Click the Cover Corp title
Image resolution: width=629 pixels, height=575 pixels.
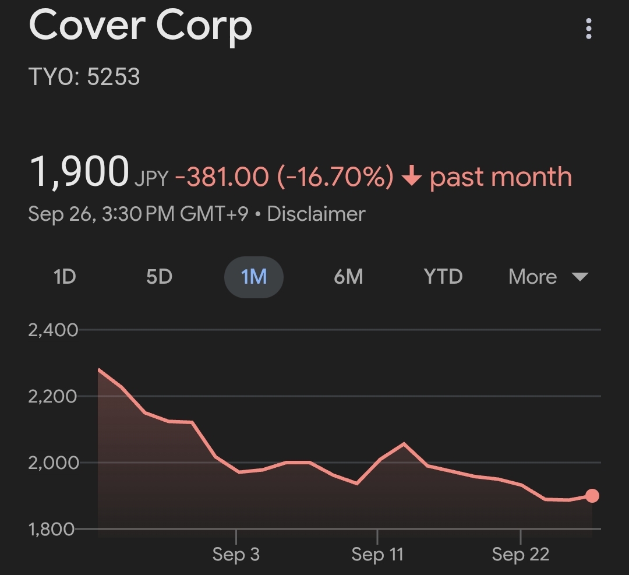pos(140,26)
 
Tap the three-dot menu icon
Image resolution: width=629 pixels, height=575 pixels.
pos(589,28)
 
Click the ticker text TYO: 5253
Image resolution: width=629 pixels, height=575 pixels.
pos(84,77)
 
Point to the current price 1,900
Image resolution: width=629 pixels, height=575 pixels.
pos(79,173)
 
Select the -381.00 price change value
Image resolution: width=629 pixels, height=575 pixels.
pos(222,177)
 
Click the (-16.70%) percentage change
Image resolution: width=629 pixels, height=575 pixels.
pos(335,177)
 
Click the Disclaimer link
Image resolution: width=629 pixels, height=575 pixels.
pos(316,214)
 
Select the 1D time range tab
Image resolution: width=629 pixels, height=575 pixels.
pos(65,277)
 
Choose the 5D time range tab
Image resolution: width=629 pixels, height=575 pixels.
pos(159,277)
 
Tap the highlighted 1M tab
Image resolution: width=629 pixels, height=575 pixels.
pos(254,277)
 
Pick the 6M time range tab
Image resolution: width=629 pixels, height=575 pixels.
pos(348,277)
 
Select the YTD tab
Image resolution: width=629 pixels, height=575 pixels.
pos(443,277)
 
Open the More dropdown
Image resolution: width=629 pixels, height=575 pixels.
pos(548,277)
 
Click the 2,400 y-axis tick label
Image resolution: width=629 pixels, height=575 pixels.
pos(53,330)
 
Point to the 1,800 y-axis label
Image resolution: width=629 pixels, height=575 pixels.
pos(53,530)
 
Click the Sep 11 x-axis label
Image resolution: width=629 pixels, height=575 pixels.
pos(377,555)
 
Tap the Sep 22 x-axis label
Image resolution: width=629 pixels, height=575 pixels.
pos(520,555)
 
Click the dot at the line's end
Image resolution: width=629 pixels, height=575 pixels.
pos(592,496)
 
